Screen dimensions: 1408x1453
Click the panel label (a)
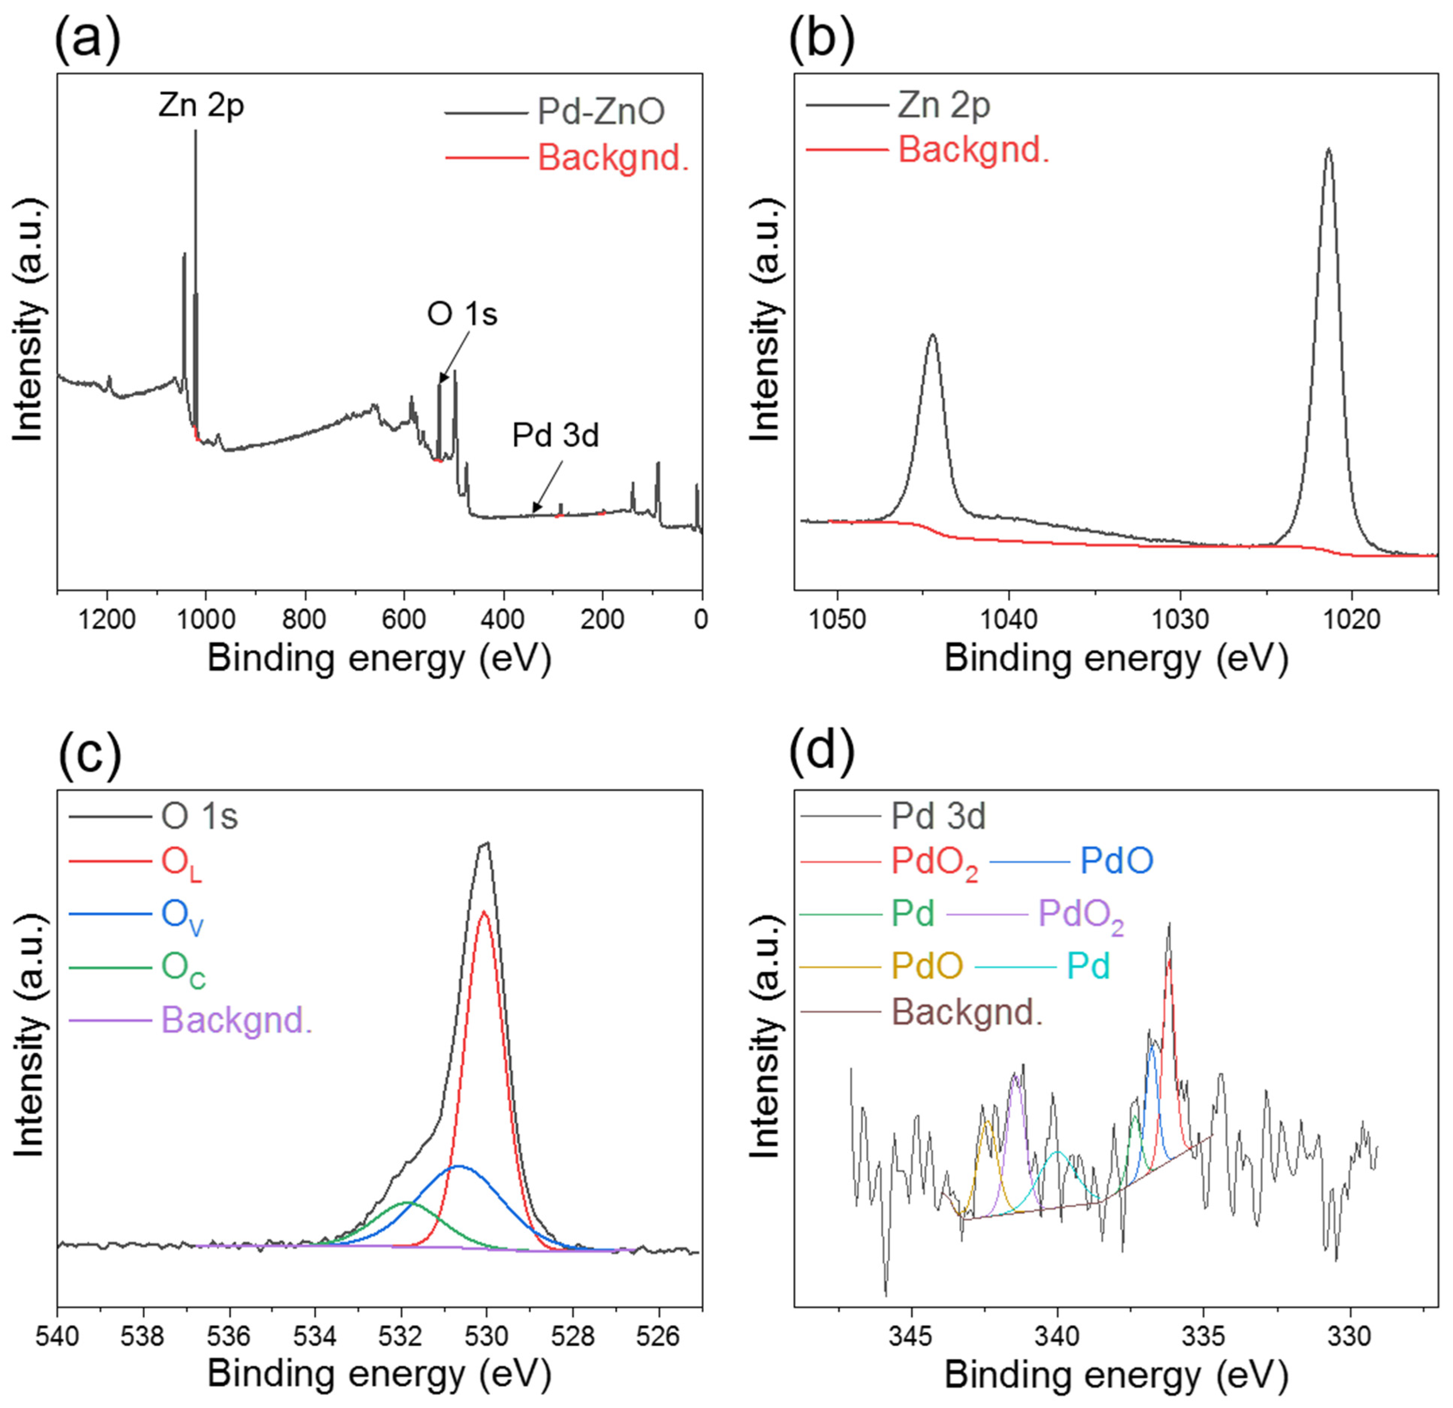(88, 39)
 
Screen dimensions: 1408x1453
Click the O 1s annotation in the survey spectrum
(462, 314)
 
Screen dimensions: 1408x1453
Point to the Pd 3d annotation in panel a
(555, 436)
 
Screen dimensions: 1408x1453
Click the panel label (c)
(88, 756)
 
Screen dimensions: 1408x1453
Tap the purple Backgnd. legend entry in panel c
(236, 1020)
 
